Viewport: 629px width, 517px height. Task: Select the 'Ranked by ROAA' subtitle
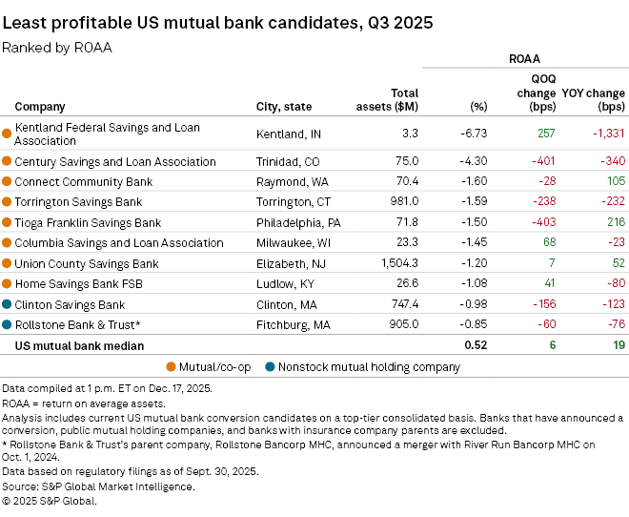57,47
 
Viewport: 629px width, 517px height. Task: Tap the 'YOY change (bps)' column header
594,99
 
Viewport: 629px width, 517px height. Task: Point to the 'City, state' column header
284,106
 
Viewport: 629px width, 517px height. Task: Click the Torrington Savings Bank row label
78,201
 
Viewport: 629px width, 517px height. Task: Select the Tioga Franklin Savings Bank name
88,222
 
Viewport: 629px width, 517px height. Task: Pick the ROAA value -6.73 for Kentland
474,134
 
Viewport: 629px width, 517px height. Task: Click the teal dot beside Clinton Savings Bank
8,304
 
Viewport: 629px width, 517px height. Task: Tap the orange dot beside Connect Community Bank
8,181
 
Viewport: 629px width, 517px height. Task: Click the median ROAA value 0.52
474,345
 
